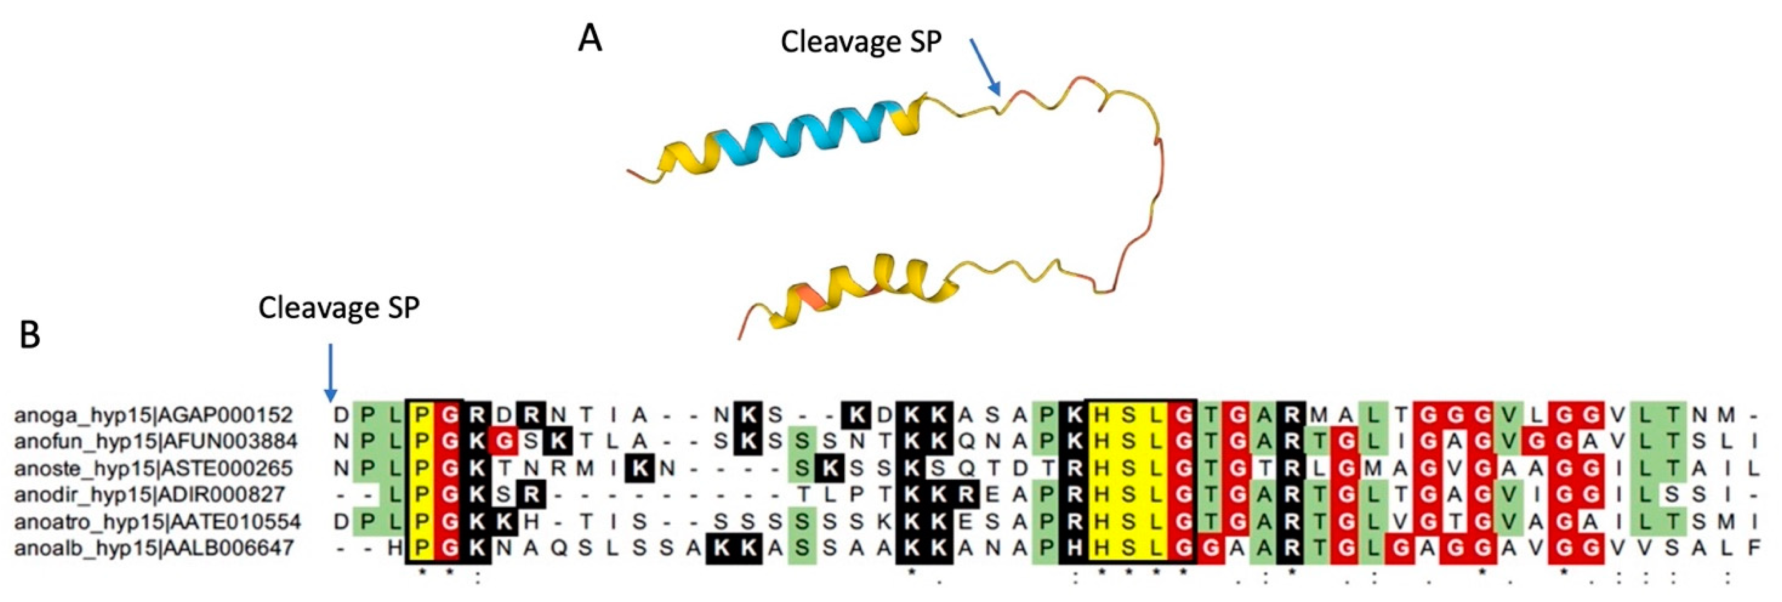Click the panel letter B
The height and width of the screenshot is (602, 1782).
click(30, 335)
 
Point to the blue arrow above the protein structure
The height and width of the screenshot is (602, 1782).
click(985, 76)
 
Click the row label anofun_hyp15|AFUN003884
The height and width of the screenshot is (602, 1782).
click(156, 441)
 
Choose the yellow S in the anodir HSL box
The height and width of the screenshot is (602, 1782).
click(1128, 495)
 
